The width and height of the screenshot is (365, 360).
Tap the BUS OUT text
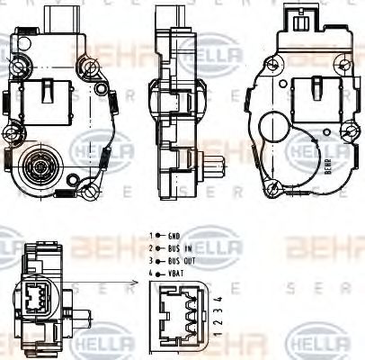pos(179,259)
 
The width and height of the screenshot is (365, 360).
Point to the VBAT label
pos(175,271)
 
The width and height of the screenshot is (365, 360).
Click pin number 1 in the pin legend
pos(151,236)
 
